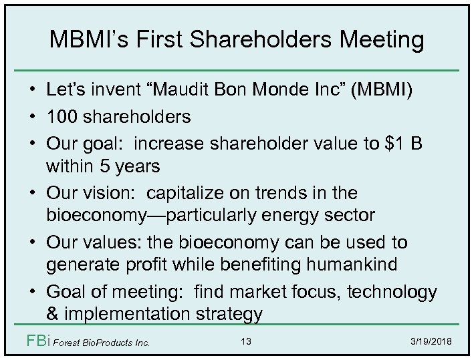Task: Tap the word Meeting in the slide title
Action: coord(382,40)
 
